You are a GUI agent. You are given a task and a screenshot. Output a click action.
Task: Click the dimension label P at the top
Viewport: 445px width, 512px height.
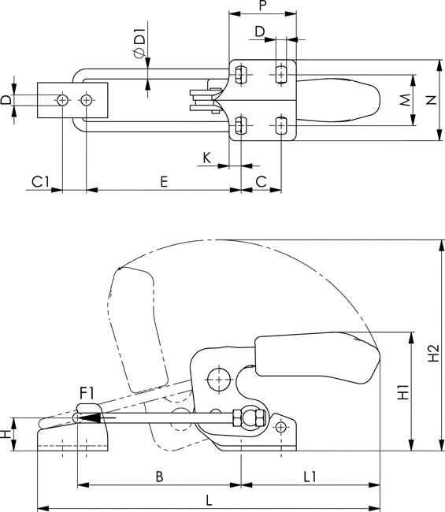coord(263,6)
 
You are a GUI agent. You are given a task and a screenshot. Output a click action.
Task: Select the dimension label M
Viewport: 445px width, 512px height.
coord(405,100)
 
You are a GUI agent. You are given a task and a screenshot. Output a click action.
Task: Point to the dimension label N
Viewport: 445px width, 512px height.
coord(432,100)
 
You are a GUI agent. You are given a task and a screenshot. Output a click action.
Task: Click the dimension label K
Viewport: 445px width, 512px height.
coord(206,158)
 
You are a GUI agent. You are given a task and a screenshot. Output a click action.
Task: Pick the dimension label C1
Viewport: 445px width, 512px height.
coord(40,182)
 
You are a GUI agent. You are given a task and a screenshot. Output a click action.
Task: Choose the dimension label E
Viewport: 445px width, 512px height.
coord(164,181)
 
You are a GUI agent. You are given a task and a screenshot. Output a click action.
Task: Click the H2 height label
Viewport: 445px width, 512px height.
coord(433,353)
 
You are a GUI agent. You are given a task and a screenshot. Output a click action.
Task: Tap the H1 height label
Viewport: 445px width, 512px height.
coord(403,391)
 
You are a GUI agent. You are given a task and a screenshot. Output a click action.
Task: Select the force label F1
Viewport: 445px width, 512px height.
coord(87,393)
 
